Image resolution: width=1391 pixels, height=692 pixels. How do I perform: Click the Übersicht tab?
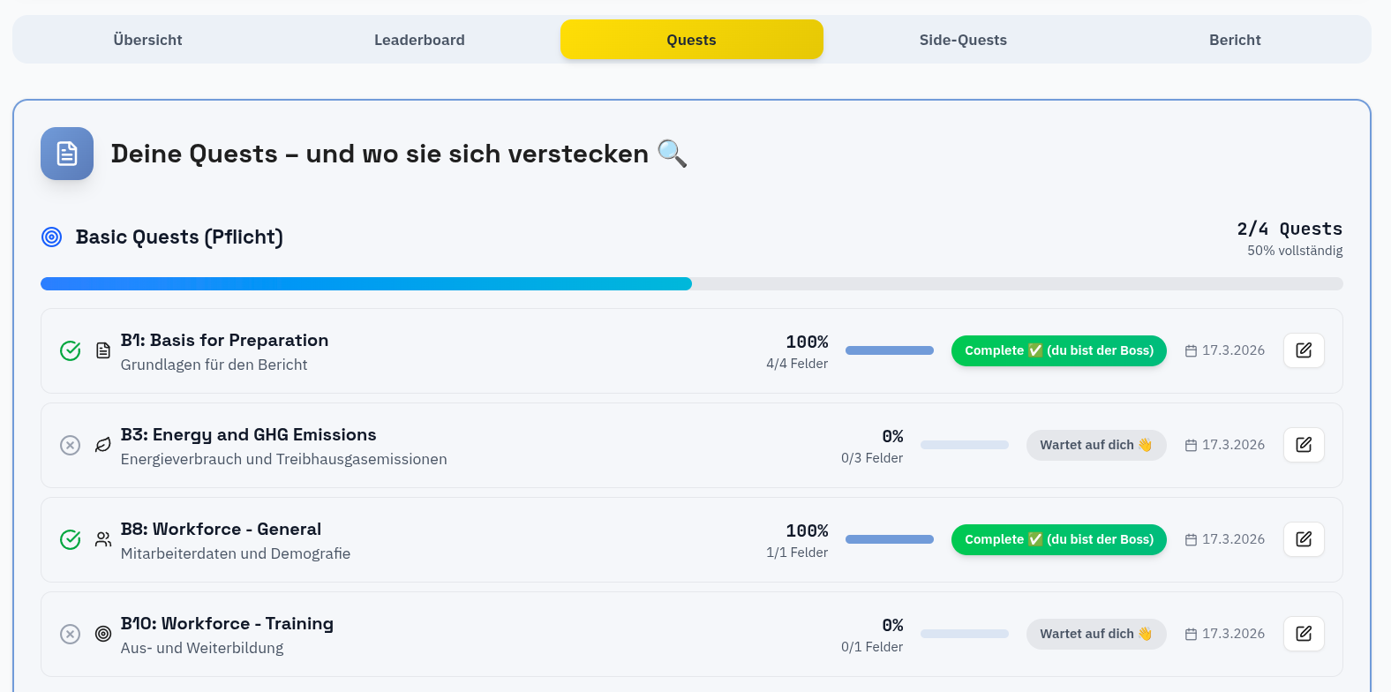147,40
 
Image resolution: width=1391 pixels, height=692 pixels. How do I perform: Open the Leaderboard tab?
419,40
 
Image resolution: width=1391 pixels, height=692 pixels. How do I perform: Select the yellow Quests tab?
691,40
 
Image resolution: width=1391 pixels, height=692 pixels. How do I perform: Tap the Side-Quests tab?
963,40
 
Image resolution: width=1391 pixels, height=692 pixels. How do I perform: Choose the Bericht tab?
1235,40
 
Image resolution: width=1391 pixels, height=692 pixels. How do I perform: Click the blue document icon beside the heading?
67,154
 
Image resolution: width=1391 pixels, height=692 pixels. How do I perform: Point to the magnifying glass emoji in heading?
672,154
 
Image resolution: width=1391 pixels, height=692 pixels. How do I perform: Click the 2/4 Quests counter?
1289,229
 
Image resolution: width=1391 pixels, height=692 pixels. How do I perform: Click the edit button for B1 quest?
1304,350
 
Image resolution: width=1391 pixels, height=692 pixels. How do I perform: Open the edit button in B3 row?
1304,445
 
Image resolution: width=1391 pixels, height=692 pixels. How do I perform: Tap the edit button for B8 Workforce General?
1304,539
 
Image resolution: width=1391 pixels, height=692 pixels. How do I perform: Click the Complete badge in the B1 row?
1058,350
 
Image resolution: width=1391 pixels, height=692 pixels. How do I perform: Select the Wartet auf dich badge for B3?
1095,445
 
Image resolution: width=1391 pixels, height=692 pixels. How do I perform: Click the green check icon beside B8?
71,539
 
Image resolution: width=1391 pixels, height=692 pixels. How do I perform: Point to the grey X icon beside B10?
71,634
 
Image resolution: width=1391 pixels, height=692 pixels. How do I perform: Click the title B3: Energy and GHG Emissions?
248,434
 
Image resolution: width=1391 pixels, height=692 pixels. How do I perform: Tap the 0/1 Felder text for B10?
871,647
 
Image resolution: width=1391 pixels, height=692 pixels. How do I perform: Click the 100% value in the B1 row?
807,342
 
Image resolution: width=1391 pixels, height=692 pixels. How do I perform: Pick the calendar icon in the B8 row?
1191,539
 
